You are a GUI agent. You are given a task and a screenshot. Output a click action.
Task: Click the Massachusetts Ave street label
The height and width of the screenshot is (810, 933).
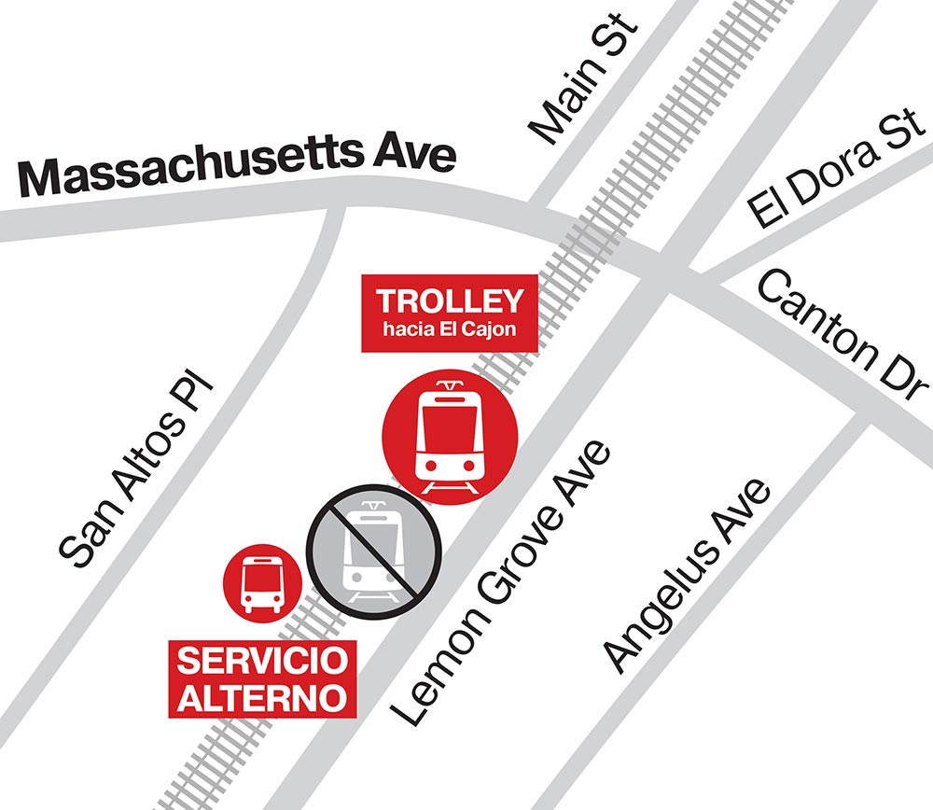tap(238, 168)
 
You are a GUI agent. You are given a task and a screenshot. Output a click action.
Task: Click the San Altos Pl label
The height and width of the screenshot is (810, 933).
tap(134, 472)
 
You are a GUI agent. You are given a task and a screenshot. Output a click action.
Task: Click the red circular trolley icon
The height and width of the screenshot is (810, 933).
tap(450, 437)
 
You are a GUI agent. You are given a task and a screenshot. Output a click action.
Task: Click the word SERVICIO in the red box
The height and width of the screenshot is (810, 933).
tap(263, 662)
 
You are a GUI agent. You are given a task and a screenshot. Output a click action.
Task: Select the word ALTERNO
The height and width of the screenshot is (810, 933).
tap(263, 696)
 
